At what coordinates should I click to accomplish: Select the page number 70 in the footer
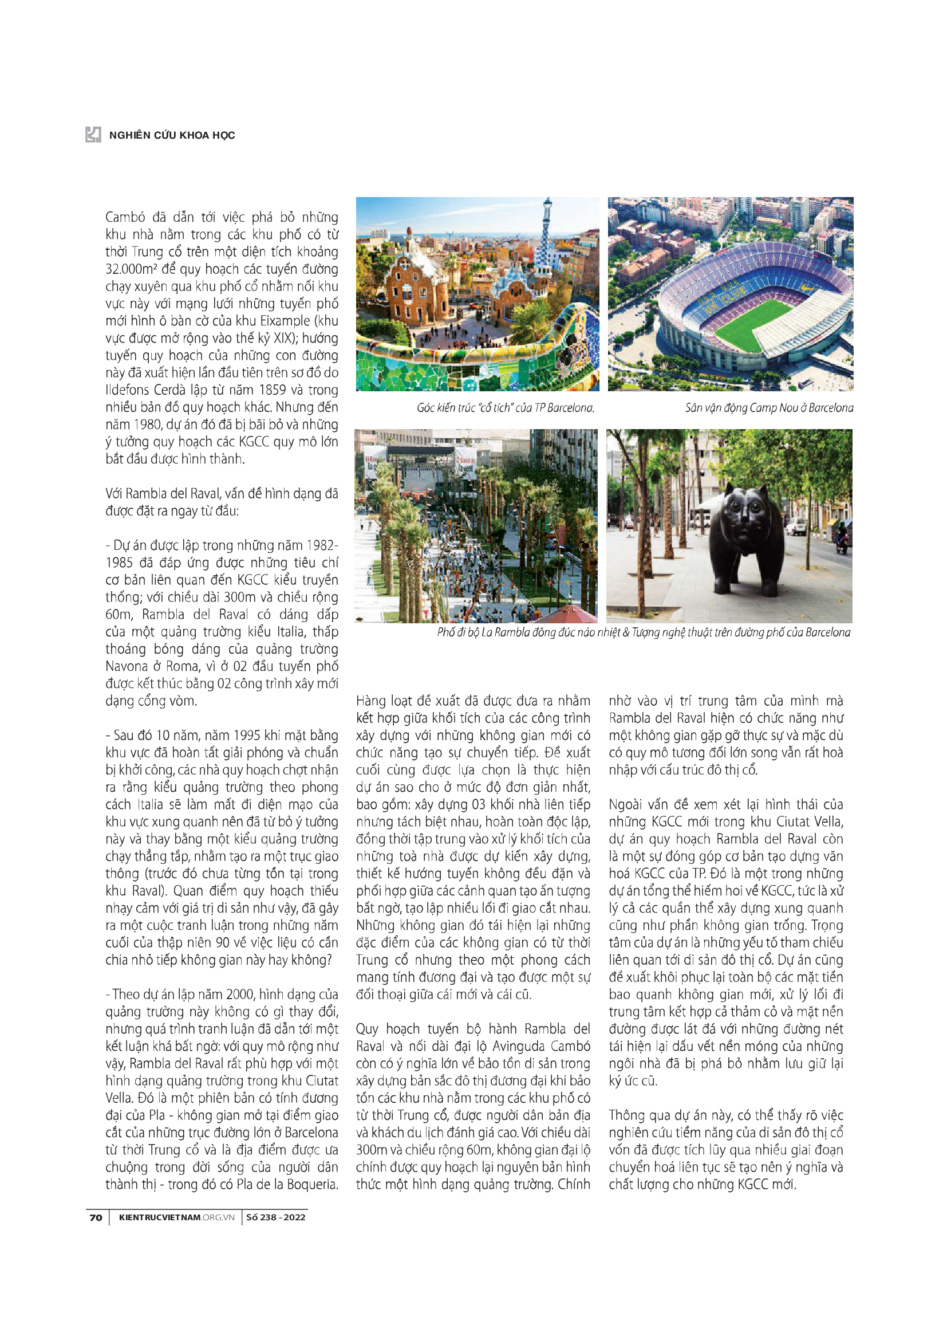96,1217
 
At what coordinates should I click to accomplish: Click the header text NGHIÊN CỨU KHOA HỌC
172,135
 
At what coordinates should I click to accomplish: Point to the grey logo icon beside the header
93,135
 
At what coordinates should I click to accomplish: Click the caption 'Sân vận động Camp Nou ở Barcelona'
768,407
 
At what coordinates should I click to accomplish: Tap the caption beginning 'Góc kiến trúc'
505,407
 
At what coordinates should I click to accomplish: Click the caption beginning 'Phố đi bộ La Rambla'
643,632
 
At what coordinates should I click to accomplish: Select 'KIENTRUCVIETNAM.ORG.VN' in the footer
176,1217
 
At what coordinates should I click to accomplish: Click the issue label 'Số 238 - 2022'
275,1217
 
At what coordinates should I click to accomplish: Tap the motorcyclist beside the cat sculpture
841,538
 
